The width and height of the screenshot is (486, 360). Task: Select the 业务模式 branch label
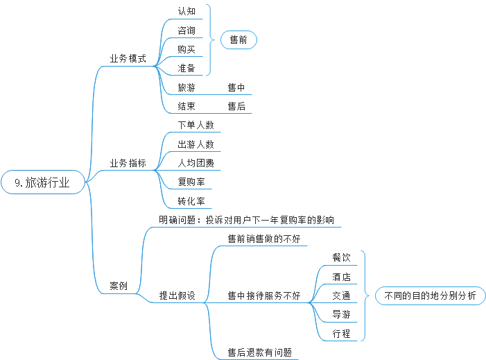point(128,58)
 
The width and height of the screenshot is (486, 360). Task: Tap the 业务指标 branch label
point(128,164)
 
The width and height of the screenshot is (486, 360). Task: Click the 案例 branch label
point(119,286)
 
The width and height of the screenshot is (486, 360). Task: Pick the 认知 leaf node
point(186,11)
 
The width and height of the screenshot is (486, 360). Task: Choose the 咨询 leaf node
point(186,31)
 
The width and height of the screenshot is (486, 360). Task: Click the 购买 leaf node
point(186,49)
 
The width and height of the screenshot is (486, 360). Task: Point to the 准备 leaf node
point(186,68)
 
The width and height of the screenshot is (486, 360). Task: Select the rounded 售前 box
point(238,40)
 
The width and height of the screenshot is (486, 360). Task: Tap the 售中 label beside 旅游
point(236,87)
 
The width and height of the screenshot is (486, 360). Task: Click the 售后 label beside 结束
point(236,106)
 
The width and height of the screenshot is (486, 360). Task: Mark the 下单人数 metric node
point(196,126)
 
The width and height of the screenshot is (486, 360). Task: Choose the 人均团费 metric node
point(196,163)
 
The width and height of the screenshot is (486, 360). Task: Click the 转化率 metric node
point(191,201)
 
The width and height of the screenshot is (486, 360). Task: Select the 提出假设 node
point(177,295)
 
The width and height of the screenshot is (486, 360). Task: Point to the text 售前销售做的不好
point(263,239)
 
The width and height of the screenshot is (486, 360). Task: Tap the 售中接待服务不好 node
point(263,295)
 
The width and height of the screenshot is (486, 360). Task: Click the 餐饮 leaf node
point(341,257)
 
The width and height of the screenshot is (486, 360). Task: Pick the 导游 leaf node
point(341,314)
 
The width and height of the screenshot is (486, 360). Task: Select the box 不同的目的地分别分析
point(430,295)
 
